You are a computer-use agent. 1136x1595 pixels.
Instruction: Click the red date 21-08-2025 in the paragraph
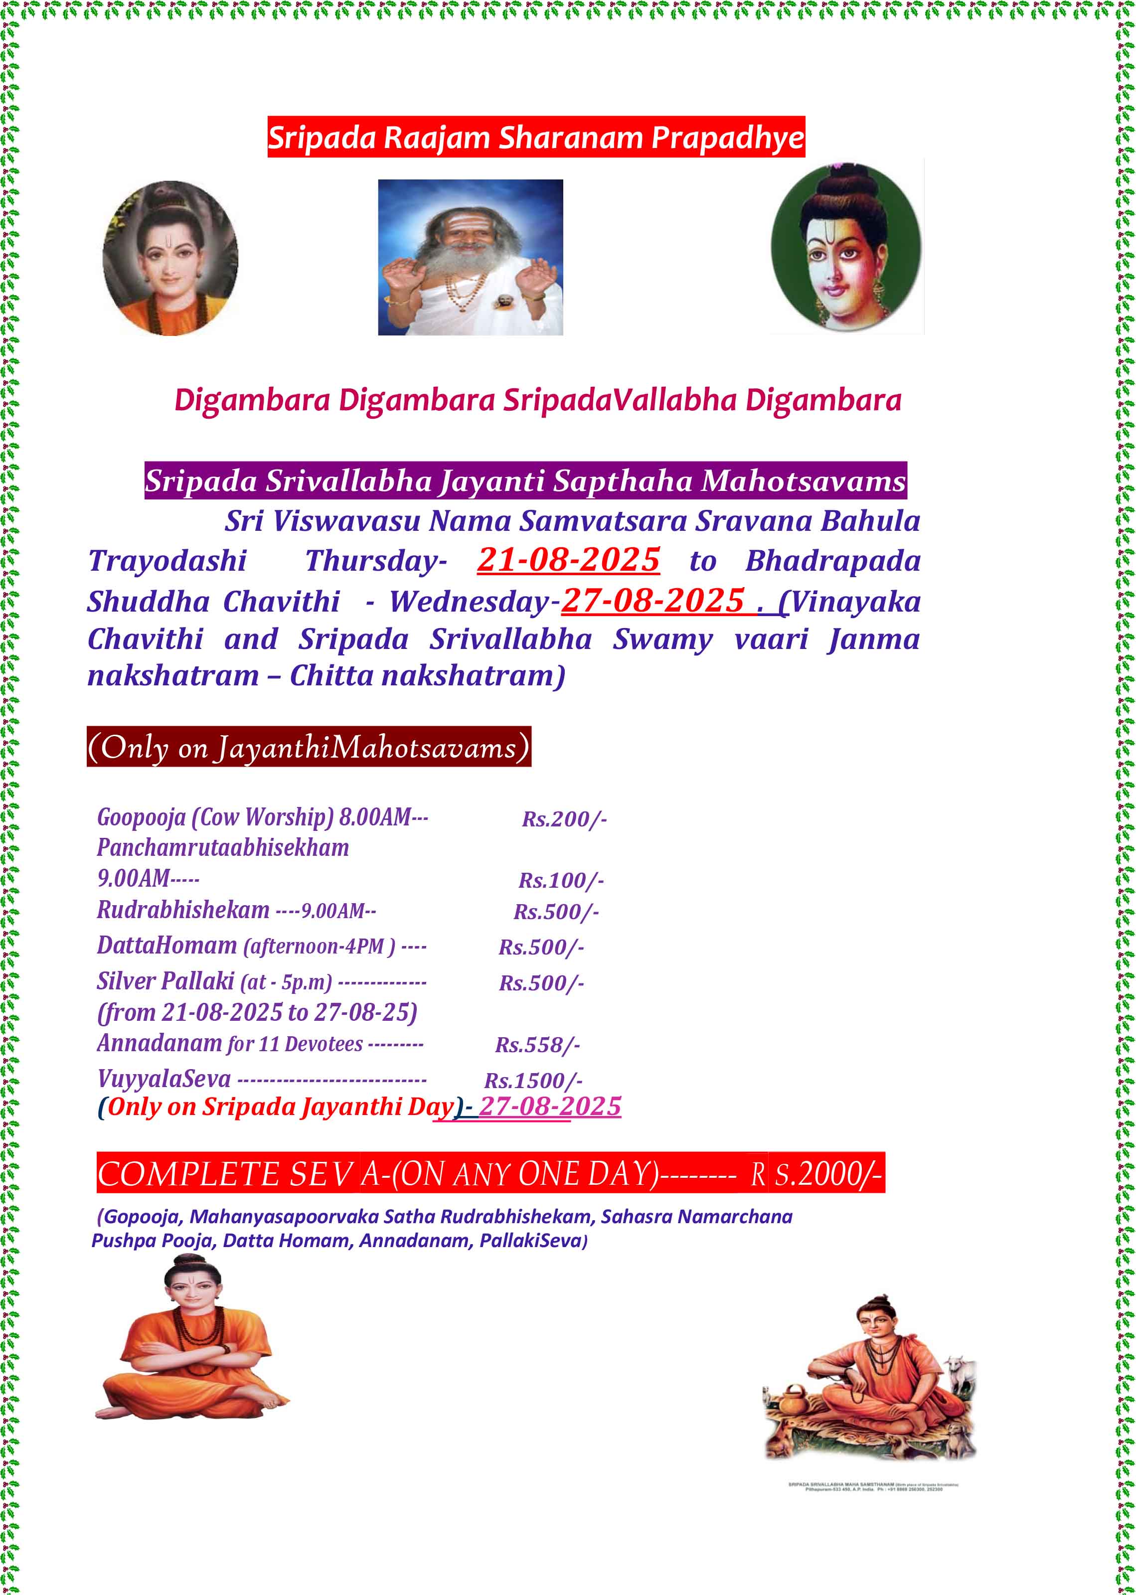[x=568, y=560]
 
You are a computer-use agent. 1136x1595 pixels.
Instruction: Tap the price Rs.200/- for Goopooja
[x=564, y=819]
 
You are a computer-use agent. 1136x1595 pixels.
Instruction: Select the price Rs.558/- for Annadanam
[x=537, y=1045]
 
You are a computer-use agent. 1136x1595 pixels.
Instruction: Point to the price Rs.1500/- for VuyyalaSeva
[x=533, y=1080]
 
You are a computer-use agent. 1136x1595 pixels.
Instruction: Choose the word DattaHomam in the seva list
[x=167, y=946]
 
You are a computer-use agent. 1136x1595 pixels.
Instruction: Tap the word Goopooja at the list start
[x=141, y=817]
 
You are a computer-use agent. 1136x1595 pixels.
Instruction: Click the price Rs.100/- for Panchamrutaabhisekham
[x=561, y=880]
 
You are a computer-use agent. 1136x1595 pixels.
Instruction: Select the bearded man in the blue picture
[x=470, y=257]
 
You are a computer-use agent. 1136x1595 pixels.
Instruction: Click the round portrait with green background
[x=846, y=247]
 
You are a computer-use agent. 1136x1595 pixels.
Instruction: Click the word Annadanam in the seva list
[x=160, y=1043]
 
